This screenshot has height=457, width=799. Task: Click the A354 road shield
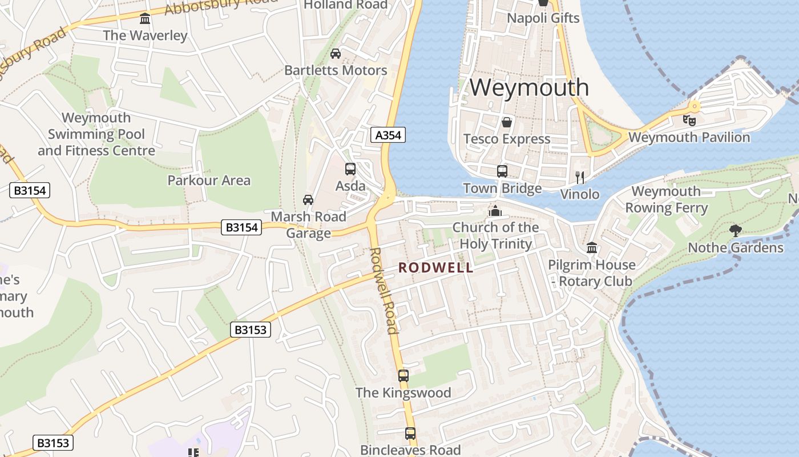click(388, 135)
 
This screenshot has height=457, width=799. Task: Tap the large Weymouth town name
click(529, 87)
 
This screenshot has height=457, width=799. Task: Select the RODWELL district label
click(436, 267)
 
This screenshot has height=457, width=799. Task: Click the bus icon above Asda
click(350, 169)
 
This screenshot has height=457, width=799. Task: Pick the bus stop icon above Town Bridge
click(502, 171)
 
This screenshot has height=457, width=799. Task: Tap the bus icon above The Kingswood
click(403, 375)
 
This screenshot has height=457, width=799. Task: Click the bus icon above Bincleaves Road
click(410, 434)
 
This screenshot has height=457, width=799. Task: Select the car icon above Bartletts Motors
click(336, 54)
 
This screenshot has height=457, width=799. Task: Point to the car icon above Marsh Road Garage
click(308, 199)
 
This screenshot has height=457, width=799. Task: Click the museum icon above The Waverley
click(145, 19)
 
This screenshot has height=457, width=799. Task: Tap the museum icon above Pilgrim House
click(591, 248)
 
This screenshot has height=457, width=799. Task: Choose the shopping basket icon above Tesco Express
click(506, 122)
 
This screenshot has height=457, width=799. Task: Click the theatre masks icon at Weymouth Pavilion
click(689, 121)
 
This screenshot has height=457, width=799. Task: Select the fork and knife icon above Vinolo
click(580, 177)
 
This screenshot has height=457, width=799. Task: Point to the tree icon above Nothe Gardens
click(735, 230)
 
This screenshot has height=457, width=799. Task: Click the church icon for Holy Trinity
click(495, 211)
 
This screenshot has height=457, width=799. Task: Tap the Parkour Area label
click(209, 181)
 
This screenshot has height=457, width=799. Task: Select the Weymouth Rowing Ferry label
click(666, 199)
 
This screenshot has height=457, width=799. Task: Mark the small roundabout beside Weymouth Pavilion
click(694, 106)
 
